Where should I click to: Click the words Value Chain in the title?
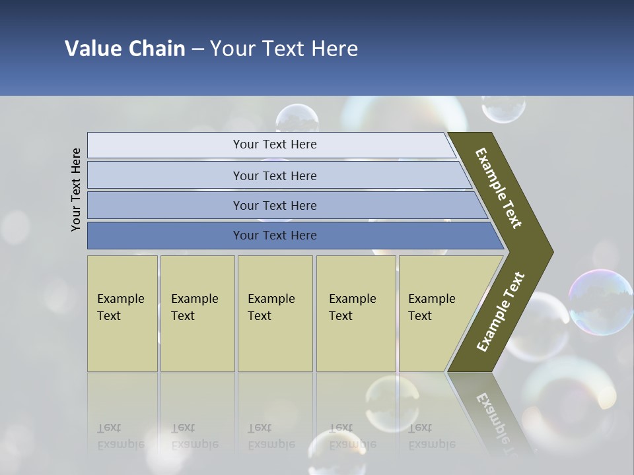[x=125, y=49]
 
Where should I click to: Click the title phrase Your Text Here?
[x=284, y=49]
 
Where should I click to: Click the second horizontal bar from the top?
[x=275, y=175]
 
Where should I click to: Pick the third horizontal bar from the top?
[x=275, y=205]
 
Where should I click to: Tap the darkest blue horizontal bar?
[x=275, y=236]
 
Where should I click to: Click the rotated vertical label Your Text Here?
[x=76, y=189]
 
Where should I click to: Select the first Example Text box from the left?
[x=122, y=313]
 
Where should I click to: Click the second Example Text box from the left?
[x=197, y=313]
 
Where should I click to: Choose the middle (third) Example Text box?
[x=275, y=313]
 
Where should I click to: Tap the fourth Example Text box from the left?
[x=355, y=313]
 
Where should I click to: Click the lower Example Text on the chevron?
[x=501, y=311]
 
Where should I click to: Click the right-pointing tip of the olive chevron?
[x=549, y=252]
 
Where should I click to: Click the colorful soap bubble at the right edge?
[x=601, y=302]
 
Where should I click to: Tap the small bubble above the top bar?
[x=297, y=119]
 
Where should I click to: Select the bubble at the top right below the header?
[x=503, y=108]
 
